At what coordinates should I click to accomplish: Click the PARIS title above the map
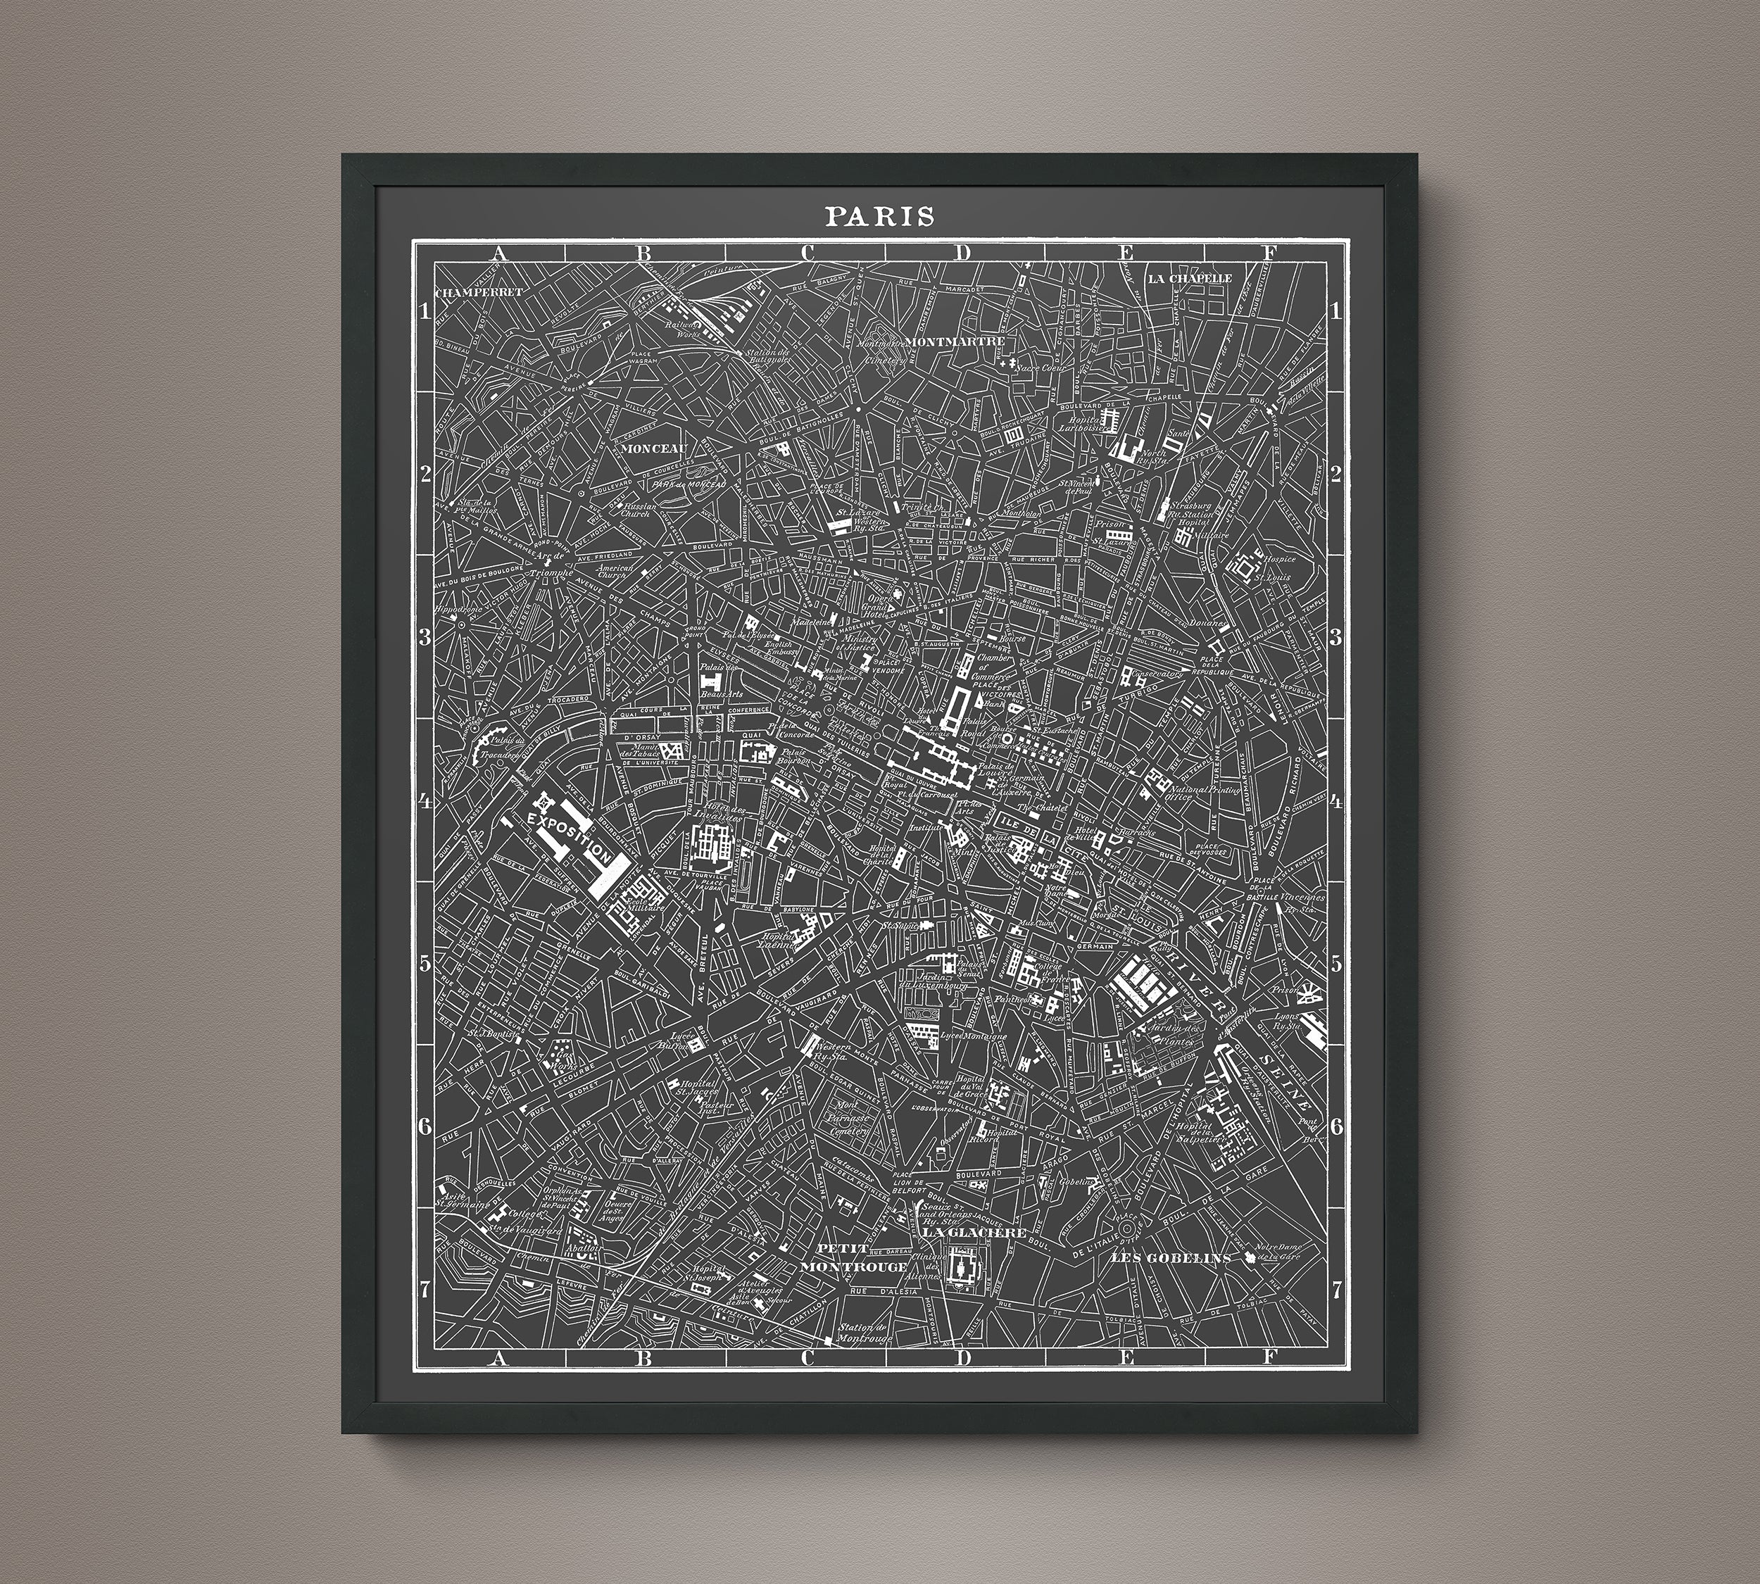click(880, 216)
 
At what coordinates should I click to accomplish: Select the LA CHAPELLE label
click(1190, 279)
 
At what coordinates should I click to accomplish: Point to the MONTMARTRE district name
click(956, 342)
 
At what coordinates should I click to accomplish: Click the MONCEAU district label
click(655, 449)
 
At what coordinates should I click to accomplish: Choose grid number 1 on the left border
click(425, 313)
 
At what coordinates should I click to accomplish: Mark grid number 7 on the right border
click(1337, 1289)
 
